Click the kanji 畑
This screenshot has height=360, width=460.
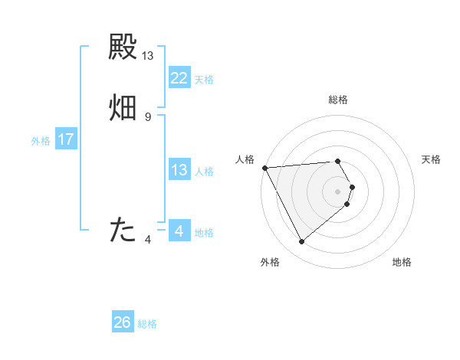pos(123,108)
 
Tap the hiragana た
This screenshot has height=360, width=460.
pos(123,229)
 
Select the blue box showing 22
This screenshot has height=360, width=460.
pos(179,78)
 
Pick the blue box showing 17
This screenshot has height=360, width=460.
pos(66,139)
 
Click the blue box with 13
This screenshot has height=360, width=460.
pos(179,170)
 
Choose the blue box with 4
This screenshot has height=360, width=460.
pos(179,231)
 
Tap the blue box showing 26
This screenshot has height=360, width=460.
pos(123,322)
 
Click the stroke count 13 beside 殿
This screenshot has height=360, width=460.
pos(148,55)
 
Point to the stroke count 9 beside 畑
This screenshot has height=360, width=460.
pos(148,116)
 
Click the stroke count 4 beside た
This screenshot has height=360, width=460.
pos(148,239)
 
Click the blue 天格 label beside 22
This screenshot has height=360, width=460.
pos(204,80)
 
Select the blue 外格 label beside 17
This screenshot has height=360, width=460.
pos(41,141)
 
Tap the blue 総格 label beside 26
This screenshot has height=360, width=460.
pos(147,324)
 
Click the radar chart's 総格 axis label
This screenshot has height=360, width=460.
pos(338,100)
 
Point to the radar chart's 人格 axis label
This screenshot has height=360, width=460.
pos(245,159)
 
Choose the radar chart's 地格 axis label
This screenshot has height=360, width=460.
pos(402,262)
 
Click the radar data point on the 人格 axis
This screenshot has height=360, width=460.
pos(264,168)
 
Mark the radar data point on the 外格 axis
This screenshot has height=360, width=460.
pos(301,242)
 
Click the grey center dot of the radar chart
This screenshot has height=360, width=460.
pos(338,191)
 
